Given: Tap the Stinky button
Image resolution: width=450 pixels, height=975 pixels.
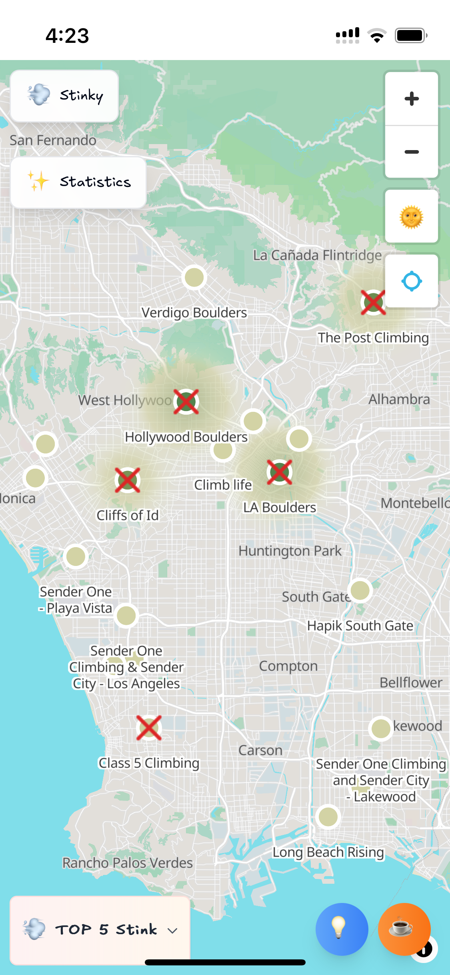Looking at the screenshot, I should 64,96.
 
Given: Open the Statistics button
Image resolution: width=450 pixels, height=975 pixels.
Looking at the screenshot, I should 78,182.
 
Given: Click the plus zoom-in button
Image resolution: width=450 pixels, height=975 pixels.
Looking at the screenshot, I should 411,99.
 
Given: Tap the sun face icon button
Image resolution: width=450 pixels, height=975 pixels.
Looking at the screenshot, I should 411,217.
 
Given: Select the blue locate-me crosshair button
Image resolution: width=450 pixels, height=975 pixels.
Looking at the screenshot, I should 411,281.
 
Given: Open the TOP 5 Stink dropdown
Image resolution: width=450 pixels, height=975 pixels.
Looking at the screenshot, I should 100,929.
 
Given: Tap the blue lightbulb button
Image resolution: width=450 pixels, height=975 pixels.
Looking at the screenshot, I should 341,929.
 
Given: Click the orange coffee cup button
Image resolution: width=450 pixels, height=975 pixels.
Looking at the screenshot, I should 404,929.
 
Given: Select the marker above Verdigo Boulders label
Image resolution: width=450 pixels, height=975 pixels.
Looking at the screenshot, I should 194,277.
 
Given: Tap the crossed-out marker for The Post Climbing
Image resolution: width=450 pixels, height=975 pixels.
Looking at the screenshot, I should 373,303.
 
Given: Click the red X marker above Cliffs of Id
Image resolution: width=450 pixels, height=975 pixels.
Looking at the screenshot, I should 127,480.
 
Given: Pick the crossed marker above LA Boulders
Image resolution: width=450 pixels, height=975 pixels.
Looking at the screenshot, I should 279,472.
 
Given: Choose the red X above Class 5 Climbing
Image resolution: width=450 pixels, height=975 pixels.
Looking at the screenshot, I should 149,728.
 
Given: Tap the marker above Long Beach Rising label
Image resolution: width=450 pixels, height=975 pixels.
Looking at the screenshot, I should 328,817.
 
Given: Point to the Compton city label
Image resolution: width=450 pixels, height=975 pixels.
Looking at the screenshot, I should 288,666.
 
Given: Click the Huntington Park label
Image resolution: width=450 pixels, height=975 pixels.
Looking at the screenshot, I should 290,551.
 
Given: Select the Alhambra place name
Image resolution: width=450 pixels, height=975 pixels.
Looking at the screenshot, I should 399,399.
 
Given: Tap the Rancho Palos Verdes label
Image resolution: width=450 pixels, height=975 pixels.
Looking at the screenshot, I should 127,863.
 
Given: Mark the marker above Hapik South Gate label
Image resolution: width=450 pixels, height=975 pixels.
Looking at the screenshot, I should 360,590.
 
